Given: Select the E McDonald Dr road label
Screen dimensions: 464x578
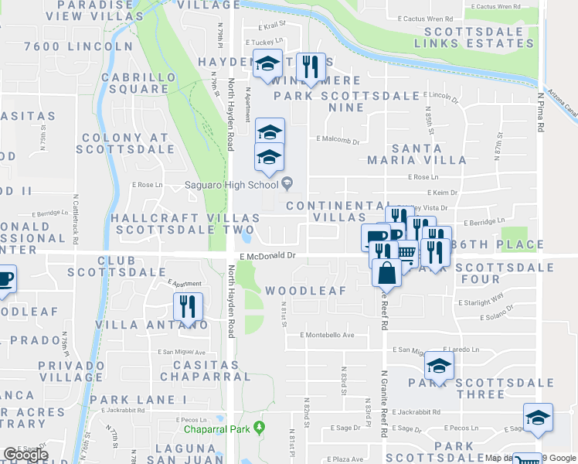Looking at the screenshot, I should coord(267,254).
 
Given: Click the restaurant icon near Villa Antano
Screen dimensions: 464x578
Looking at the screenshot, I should coord(189,307).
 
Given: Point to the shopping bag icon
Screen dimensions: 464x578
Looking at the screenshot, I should coord(386,273).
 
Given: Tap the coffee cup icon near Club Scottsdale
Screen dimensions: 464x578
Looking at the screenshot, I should coord(4,278).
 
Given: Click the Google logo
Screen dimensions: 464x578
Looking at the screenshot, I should coord(25,455).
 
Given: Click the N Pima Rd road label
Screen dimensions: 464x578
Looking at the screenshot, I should coord(541,112).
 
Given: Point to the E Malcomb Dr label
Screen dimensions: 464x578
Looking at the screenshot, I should coord(338,142).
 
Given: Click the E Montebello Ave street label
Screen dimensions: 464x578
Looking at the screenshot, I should coord(327,335).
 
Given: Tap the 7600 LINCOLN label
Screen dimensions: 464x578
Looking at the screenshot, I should coord(79,46).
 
